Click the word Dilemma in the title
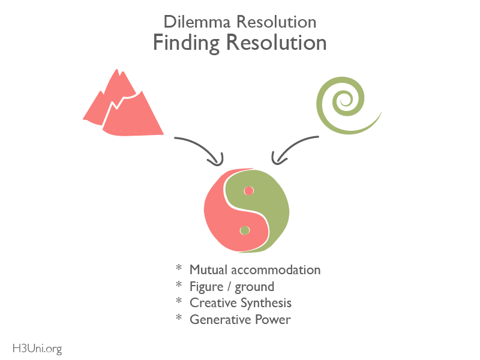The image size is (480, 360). (x=197, y=22)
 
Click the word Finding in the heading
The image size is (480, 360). (x=186, y=43)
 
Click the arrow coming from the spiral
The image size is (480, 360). (x=289, y=146)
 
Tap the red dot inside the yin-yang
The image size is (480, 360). (x=249, y=191)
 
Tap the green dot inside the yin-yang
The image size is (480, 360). (x=245, y=230)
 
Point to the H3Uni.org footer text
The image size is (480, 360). (x=37, y=349)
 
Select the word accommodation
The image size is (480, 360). (x=276, y=270)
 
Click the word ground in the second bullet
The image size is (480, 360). (x=254, y=287)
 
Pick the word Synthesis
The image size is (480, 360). (x=266, y=304)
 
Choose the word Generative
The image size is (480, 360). (x=221, y=320)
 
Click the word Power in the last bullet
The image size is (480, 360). (x=273, y=320)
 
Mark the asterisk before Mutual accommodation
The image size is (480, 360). (x=179, y=268)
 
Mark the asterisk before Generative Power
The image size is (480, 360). (x=179, y=317)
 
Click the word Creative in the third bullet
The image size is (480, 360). (x=214, y=303)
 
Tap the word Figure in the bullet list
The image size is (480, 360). (x=206, y=287)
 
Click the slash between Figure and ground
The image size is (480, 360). (x=229, y=287)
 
